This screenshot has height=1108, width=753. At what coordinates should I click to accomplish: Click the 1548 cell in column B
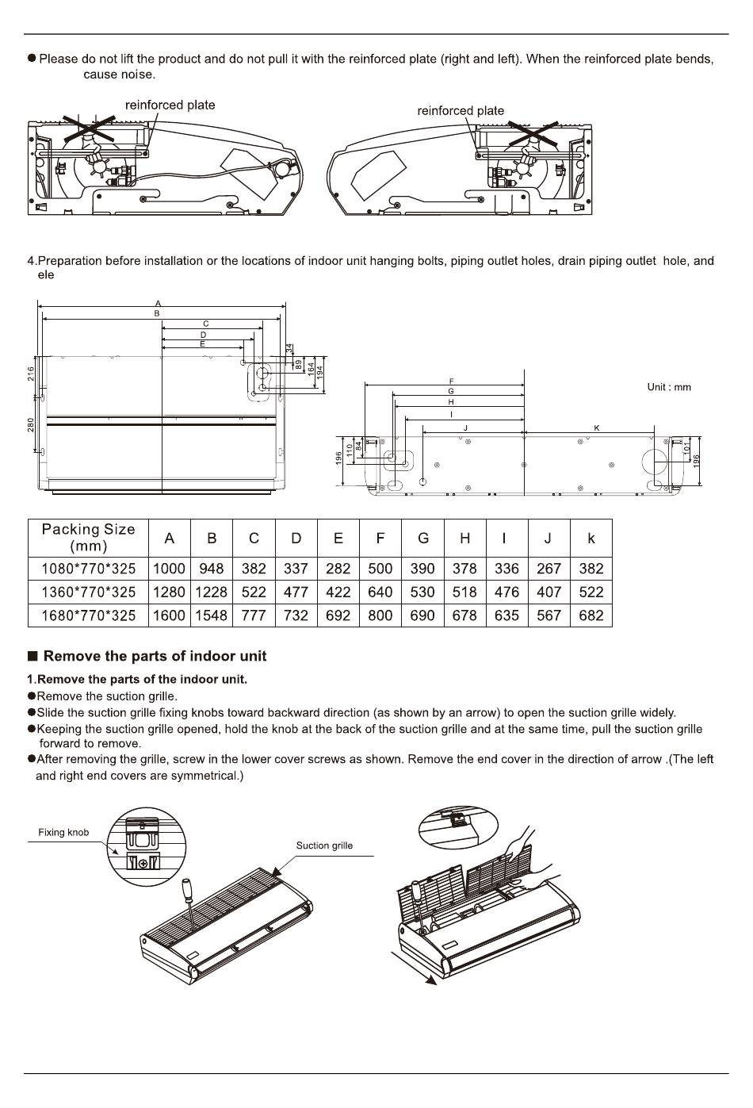[x=212, y=615]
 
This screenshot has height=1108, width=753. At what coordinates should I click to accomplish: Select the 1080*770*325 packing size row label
[x=88, y=569]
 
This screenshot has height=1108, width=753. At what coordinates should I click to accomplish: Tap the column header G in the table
[x=422, y=538]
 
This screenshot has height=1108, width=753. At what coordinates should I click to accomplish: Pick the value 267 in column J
[x=549, y=569]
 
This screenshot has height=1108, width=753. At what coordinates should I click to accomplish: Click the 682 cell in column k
[x=591, y=615]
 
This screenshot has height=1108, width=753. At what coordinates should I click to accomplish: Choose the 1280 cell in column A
[x=169, y=592]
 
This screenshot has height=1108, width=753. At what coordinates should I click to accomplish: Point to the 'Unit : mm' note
[x=669, y=387]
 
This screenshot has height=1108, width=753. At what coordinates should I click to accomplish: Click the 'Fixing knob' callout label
[x=63, y=833]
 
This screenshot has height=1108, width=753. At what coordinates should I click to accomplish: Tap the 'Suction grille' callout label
[x=324, y=845]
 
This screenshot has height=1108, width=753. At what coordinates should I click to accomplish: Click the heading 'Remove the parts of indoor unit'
[x=155, y=656]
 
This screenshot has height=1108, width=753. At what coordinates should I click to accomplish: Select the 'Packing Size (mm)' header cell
[x=88, y=537]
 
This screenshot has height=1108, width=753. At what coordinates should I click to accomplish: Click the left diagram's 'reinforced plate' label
[x=170, y=105]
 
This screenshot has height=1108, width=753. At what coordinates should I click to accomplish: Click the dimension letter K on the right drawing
[x=597, y=428]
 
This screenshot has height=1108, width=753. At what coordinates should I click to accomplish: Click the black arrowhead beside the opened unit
[x=430, y=980]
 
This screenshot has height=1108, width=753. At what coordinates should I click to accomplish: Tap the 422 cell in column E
[x=338, y=592]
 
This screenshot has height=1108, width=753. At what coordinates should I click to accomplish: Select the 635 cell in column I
[x=506, y=615]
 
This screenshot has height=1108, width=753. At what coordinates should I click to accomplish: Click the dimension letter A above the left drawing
[x=158, y=304]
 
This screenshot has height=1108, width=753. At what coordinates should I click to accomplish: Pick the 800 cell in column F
[x=380, y=615]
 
